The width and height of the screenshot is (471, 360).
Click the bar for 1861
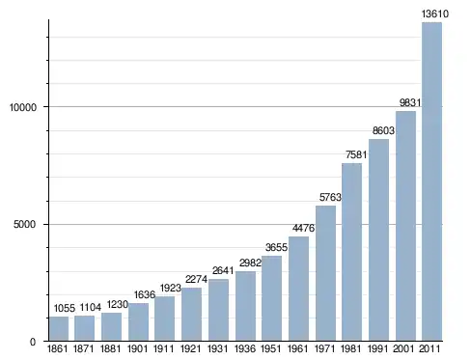coord(59,328)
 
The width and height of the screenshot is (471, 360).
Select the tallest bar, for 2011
coord(431,181)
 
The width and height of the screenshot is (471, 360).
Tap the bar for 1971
coord(325,273)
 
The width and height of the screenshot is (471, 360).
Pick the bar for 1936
coord(245,306)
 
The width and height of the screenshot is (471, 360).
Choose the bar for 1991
coord(378,240)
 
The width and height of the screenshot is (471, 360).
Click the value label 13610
coord(435,14)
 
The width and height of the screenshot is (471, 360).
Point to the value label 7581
coord(356,154)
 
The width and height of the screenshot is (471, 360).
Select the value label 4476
coord(303,228)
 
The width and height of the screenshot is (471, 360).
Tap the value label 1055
coord(65,308)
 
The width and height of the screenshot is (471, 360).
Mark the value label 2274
coord(196,279)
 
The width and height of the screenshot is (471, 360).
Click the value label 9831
coord(410,102)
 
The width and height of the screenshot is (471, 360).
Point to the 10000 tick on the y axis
coord(23,107)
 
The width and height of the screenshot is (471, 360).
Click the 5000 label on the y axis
coord(24,224)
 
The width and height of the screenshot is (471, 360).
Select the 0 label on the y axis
coord(33,342)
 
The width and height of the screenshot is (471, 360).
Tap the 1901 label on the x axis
coord(137,348)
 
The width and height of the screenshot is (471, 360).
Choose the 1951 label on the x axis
coord(271,348)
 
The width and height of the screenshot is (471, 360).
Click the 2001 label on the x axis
coord(404,348)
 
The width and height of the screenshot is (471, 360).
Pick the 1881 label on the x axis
coord(111,348)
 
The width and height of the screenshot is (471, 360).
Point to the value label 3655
coord(276,247)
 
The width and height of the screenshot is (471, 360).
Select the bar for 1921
coord(191,314)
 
